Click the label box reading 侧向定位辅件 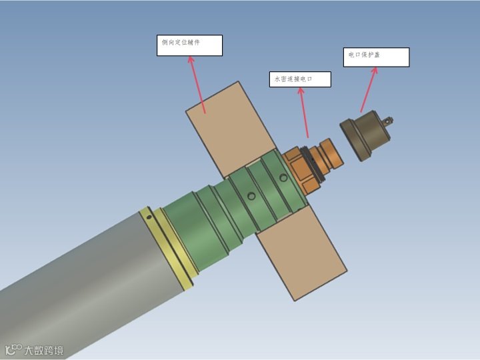189,45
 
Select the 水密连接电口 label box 300,79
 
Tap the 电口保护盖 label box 376,57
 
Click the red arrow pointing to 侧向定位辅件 197,85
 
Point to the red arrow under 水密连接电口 304,113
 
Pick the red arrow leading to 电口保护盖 369,90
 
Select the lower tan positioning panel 301,253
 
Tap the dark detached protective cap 364,135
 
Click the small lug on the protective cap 388,121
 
